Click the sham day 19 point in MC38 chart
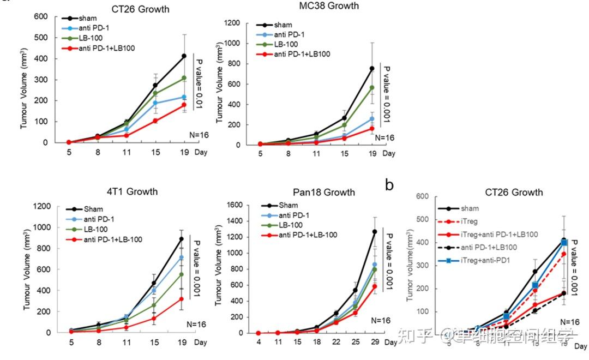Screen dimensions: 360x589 (x=372, y=69)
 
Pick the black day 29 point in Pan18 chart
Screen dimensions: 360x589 (x=374, y=232)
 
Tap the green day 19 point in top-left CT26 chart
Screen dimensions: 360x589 (x=184, y=78)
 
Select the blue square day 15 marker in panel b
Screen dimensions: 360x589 (x=535, y=285)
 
